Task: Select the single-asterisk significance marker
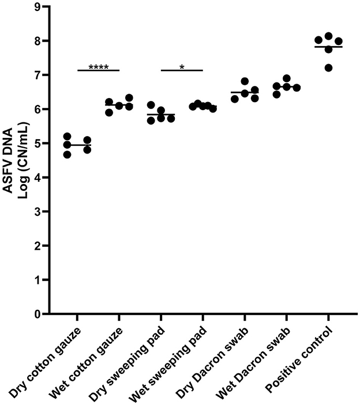click(182, 67)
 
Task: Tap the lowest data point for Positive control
click(329, 68)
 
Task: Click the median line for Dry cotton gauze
click(77, 145)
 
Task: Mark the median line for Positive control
click(328, 47)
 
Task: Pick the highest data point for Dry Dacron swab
click(245, 81)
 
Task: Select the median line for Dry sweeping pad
click(160, 115)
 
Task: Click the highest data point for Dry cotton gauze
click(67, 136)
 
